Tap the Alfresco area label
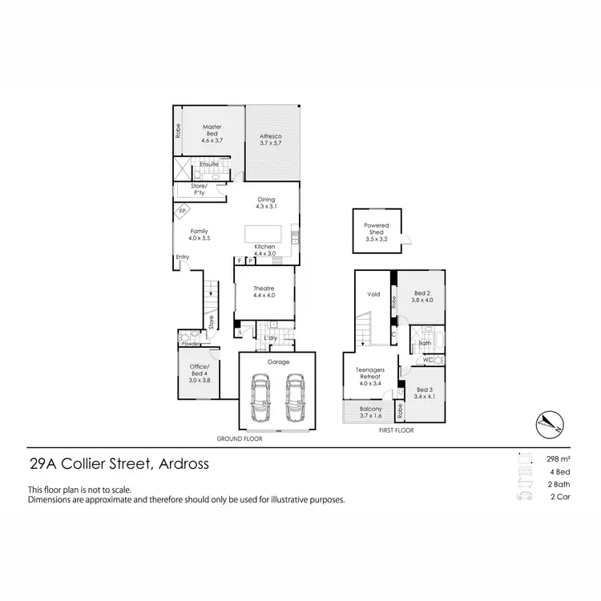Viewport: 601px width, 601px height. point(271,137)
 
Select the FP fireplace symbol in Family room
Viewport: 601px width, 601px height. point(183,212)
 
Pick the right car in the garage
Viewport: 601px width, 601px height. point(295,398)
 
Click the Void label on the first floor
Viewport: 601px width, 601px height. point(373,294)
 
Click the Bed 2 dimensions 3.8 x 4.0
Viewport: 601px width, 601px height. point(422,300)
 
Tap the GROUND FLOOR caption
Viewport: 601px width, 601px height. point(240,439)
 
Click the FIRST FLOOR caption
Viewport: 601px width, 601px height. point(395,430)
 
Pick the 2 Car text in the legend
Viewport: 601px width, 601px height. point(559,498)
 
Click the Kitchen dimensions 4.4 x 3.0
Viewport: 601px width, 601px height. point(264,253)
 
